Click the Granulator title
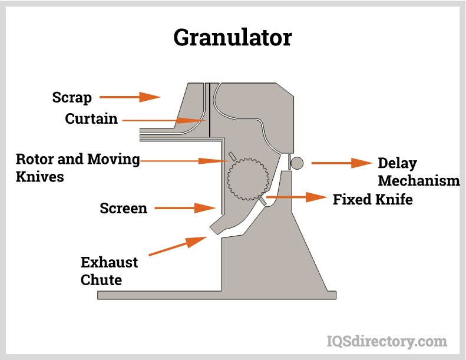[x=232, y=38]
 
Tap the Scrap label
[x=72, y=97]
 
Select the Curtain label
[x=91, y=119]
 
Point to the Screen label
[x=123, y=208]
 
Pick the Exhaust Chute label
[x=110, y=270]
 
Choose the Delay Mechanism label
[x=418, y=171]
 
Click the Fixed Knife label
[x=372, y=200]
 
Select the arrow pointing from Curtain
[x=165, y=120]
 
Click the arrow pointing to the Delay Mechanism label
[x=340, y=163]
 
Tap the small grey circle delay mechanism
[x=296, y=162]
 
